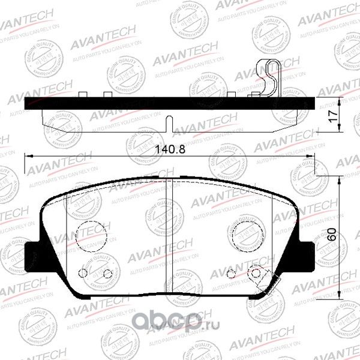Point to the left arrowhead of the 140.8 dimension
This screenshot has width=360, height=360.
pyautogui.click(x=27, y=157)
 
